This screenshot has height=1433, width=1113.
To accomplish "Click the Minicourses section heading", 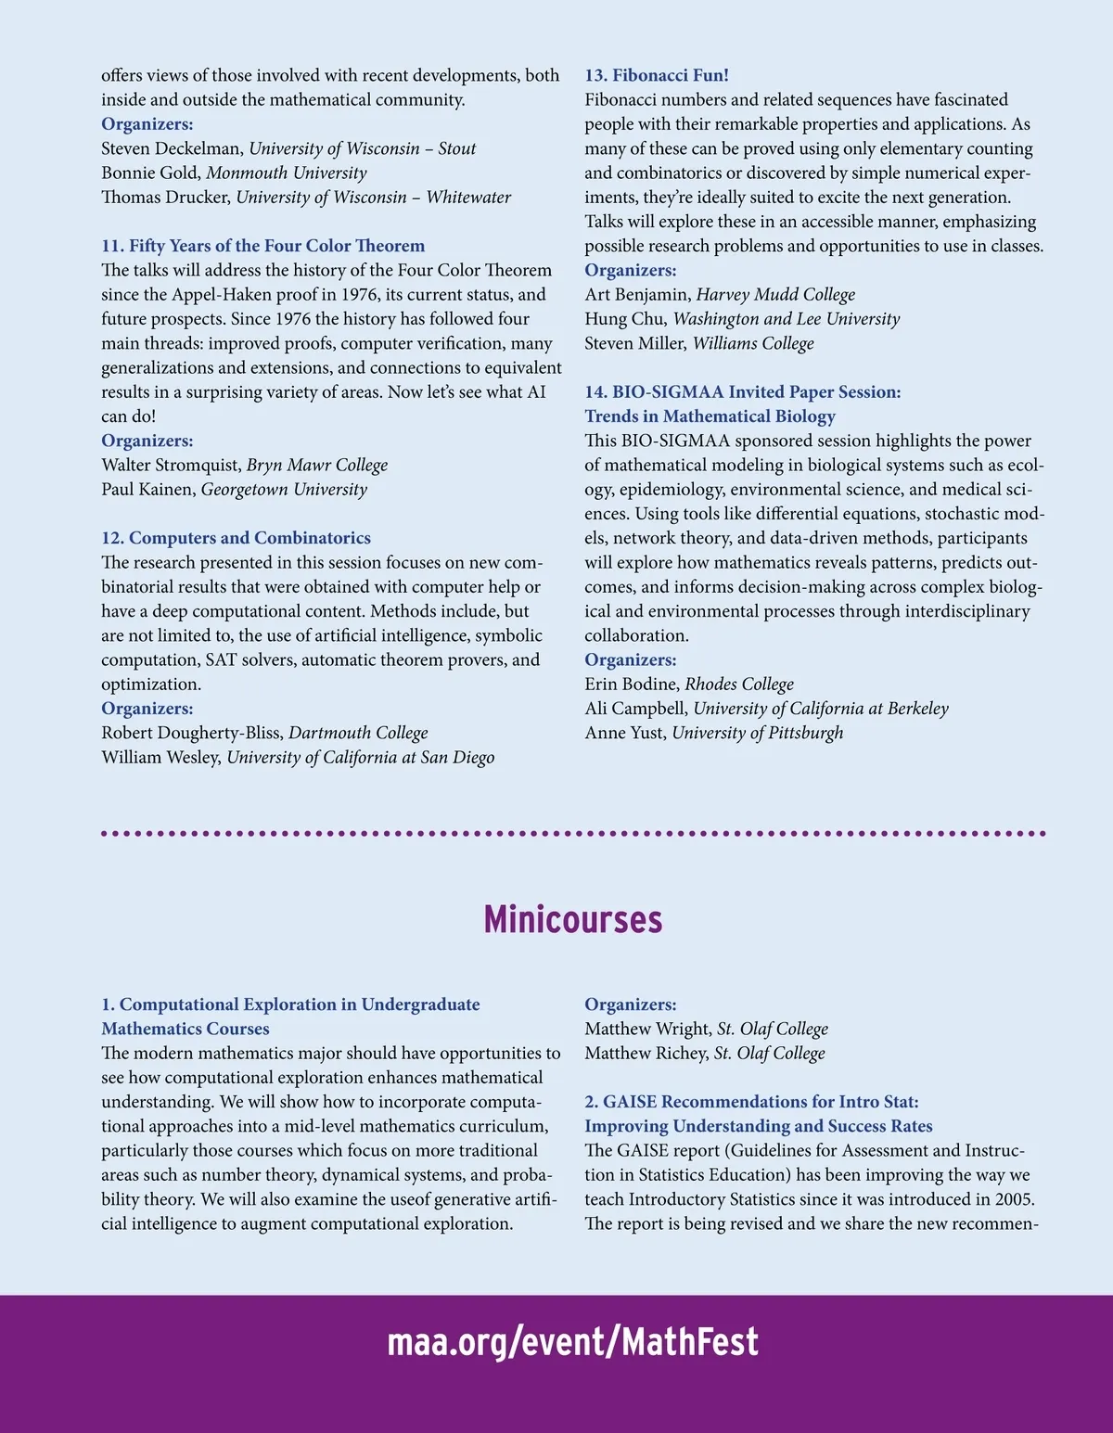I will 572,919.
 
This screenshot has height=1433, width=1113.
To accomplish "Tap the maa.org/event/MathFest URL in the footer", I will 572,1342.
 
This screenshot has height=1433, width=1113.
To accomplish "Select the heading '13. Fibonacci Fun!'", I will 656,75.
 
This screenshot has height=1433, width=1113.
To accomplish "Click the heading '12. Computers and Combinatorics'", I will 236,538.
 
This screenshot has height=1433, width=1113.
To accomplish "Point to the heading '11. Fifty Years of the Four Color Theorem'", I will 262,246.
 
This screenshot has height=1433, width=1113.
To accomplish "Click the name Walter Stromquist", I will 171,465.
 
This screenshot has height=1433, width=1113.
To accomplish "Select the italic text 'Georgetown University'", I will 284,489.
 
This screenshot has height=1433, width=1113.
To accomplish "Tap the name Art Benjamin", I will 637,294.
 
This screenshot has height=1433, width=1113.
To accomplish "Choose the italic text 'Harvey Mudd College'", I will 775,294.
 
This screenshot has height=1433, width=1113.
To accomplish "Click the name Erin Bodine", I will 632,684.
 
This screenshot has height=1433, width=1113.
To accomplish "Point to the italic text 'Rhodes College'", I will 739,684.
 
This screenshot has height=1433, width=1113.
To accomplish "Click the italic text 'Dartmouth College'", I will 358,733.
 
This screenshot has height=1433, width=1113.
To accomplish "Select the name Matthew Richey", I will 646,1053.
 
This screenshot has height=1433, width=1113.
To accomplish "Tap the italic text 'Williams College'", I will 753,343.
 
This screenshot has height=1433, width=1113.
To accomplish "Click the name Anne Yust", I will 624,733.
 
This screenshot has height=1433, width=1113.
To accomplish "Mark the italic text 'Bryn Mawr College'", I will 317,465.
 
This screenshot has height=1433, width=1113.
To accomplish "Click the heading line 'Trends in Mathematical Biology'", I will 710,416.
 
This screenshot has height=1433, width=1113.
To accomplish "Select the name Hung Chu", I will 625,319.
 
